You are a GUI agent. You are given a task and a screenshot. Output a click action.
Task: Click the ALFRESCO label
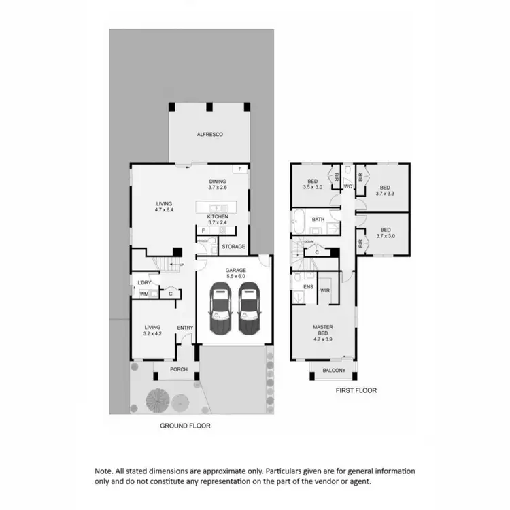(210, 135)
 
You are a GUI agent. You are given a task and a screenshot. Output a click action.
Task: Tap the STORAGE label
(233, 247)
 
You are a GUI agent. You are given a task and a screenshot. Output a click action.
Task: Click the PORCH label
(178, 369)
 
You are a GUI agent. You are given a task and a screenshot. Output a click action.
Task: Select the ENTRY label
(185, 328)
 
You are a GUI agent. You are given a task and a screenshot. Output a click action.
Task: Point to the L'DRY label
(143, 283)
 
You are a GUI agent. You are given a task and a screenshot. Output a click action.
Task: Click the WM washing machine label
(143, 294)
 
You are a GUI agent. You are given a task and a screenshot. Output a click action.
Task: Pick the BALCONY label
(334, 371)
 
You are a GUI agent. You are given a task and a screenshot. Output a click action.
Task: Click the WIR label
(324, 290)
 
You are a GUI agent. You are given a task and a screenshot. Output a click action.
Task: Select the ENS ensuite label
(307, 288)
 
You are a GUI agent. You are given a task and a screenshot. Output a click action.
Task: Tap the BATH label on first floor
(318, 220)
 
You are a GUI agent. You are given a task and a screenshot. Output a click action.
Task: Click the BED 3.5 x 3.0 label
(313, 184)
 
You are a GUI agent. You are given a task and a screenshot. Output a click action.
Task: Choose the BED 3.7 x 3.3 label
(385, 190)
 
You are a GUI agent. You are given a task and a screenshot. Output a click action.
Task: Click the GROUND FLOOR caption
(185, 426)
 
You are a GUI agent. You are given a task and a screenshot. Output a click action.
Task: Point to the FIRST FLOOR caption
(356, 391)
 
